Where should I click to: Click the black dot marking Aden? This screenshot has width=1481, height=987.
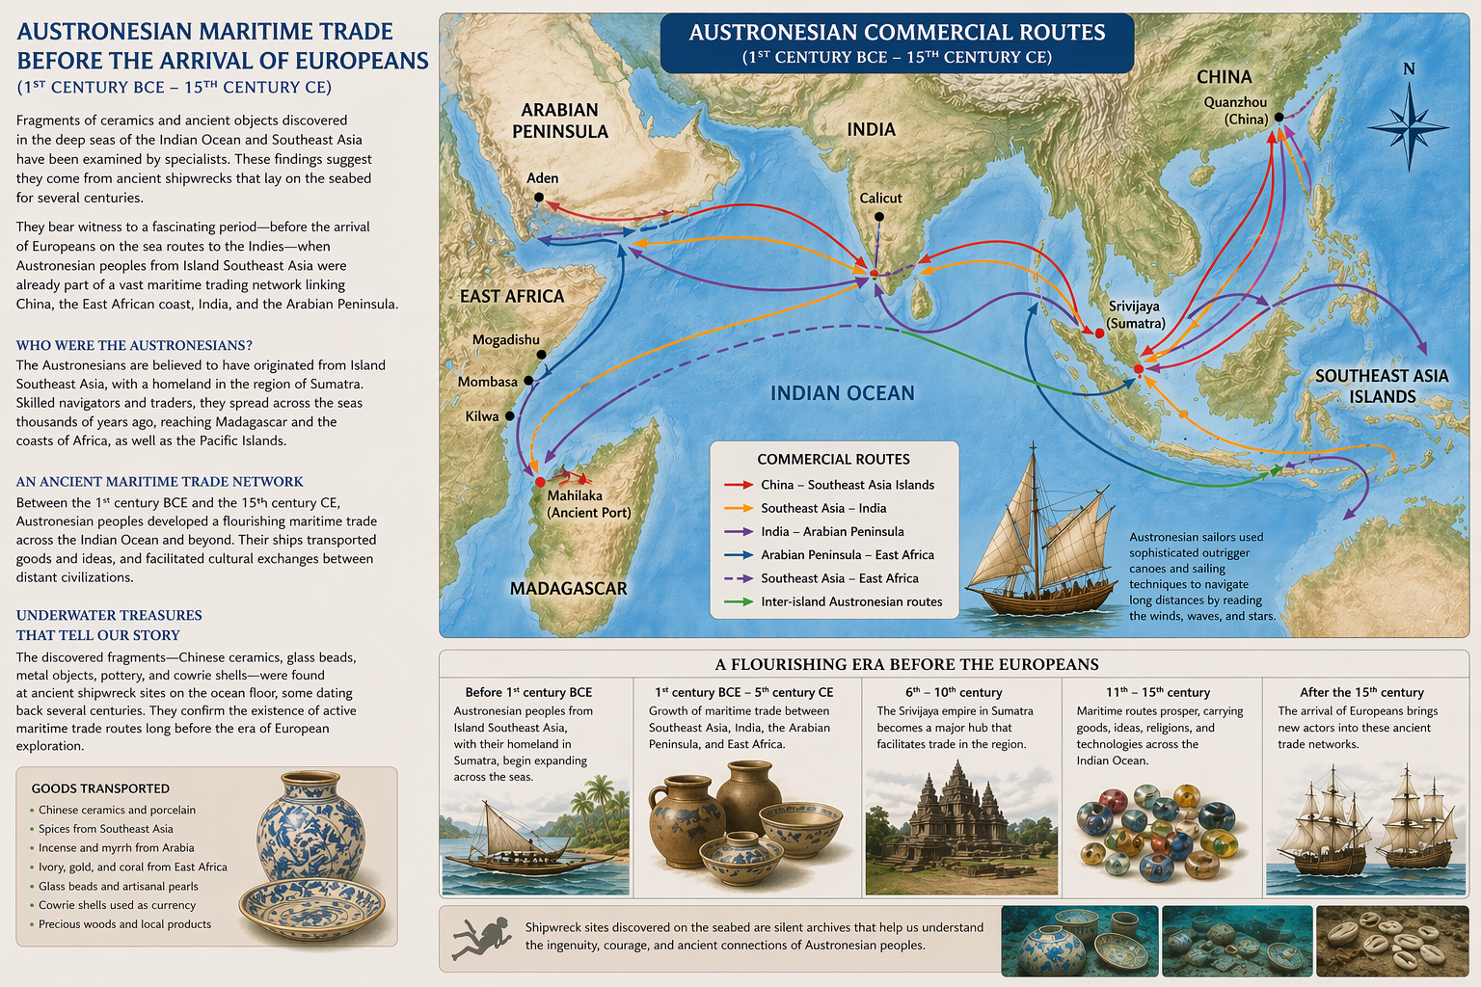[539, 198]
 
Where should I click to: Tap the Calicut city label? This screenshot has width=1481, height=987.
[880, 199]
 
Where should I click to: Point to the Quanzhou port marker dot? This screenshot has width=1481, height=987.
[1279, 118]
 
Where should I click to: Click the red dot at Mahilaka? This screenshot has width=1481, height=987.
[540, 482]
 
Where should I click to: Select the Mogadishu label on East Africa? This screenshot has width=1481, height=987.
[505, 340]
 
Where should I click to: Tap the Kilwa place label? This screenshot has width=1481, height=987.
[482, 416]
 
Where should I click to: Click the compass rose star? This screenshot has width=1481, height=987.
[1408, 126]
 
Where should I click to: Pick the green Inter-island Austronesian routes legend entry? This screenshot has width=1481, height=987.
[850, 601]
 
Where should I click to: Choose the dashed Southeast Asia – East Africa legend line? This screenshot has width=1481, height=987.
[739, 578]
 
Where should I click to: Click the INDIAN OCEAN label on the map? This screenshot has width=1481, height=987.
[842, 393]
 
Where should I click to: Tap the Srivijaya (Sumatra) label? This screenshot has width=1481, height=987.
[1135, 315]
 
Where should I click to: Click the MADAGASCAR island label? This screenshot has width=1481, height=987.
[568, 588]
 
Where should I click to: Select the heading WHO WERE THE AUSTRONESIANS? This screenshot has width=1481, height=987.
[134, 345]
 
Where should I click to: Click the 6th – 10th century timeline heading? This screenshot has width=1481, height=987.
[953, 692]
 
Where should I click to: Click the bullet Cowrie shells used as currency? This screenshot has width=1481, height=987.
[117, 905]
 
